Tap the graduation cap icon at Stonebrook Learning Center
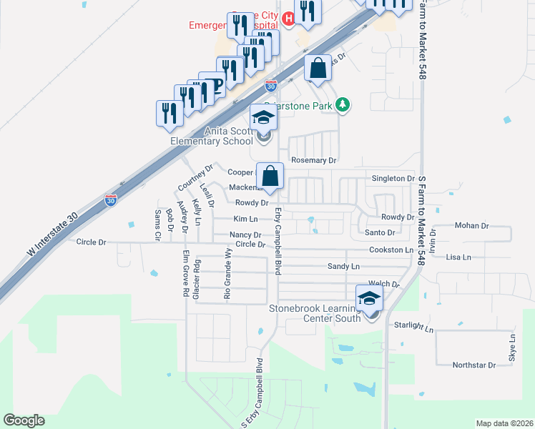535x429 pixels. click(x=370, y=297)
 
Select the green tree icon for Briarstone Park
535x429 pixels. click(x=343, y=106)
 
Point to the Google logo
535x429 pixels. click(x=24, y=420)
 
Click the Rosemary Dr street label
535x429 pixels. click(x=312, y=161)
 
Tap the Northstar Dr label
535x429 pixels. click(x=474, y=365)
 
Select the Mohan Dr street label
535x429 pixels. click(x=471, y=225)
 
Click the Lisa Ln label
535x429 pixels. click(x=458, y=257)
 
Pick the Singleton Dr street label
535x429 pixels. click(x=393, y=178)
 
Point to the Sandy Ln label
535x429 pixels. click(x=343, y=266)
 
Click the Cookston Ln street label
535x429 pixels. click(x=391, y=250)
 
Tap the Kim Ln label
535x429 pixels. click(x=245, y=218)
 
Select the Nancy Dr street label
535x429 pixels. click(x=245, y=235)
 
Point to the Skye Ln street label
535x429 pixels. click(x=512, y=347)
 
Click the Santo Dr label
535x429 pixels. click(x=381, y=232)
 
